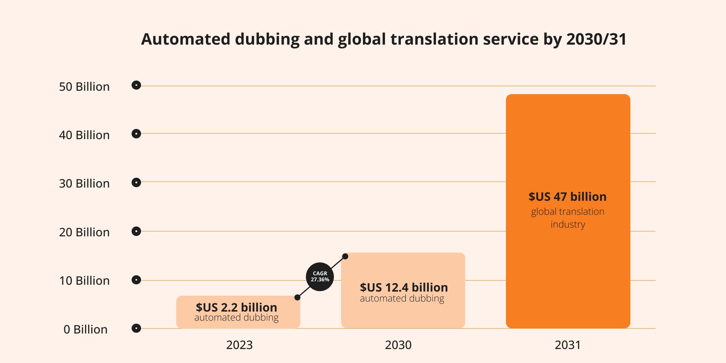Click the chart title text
point(383,39)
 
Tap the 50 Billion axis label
point(84,87)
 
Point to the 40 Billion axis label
point(84,135)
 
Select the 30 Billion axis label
point(84,183)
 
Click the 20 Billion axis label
point(84,232)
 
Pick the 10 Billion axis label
point(84,281)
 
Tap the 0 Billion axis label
point(85,329)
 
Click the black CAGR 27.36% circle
point(320,277)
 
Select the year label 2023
point(239,345)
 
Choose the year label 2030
point(398,345)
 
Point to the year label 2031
point(568,345)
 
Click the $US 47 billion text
point(568,197)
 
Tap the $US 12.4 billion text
point(404,287)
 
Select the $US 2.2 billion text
point(236,307)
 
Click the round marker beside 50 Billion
point(136,85)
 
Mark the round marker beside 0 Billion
point(136,328)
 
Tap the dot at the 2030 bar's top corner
point(345,256)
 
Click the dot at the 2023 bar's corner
point(298,298)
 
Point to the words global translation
point(568,212)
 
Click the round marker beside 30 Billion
point(136,183)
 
